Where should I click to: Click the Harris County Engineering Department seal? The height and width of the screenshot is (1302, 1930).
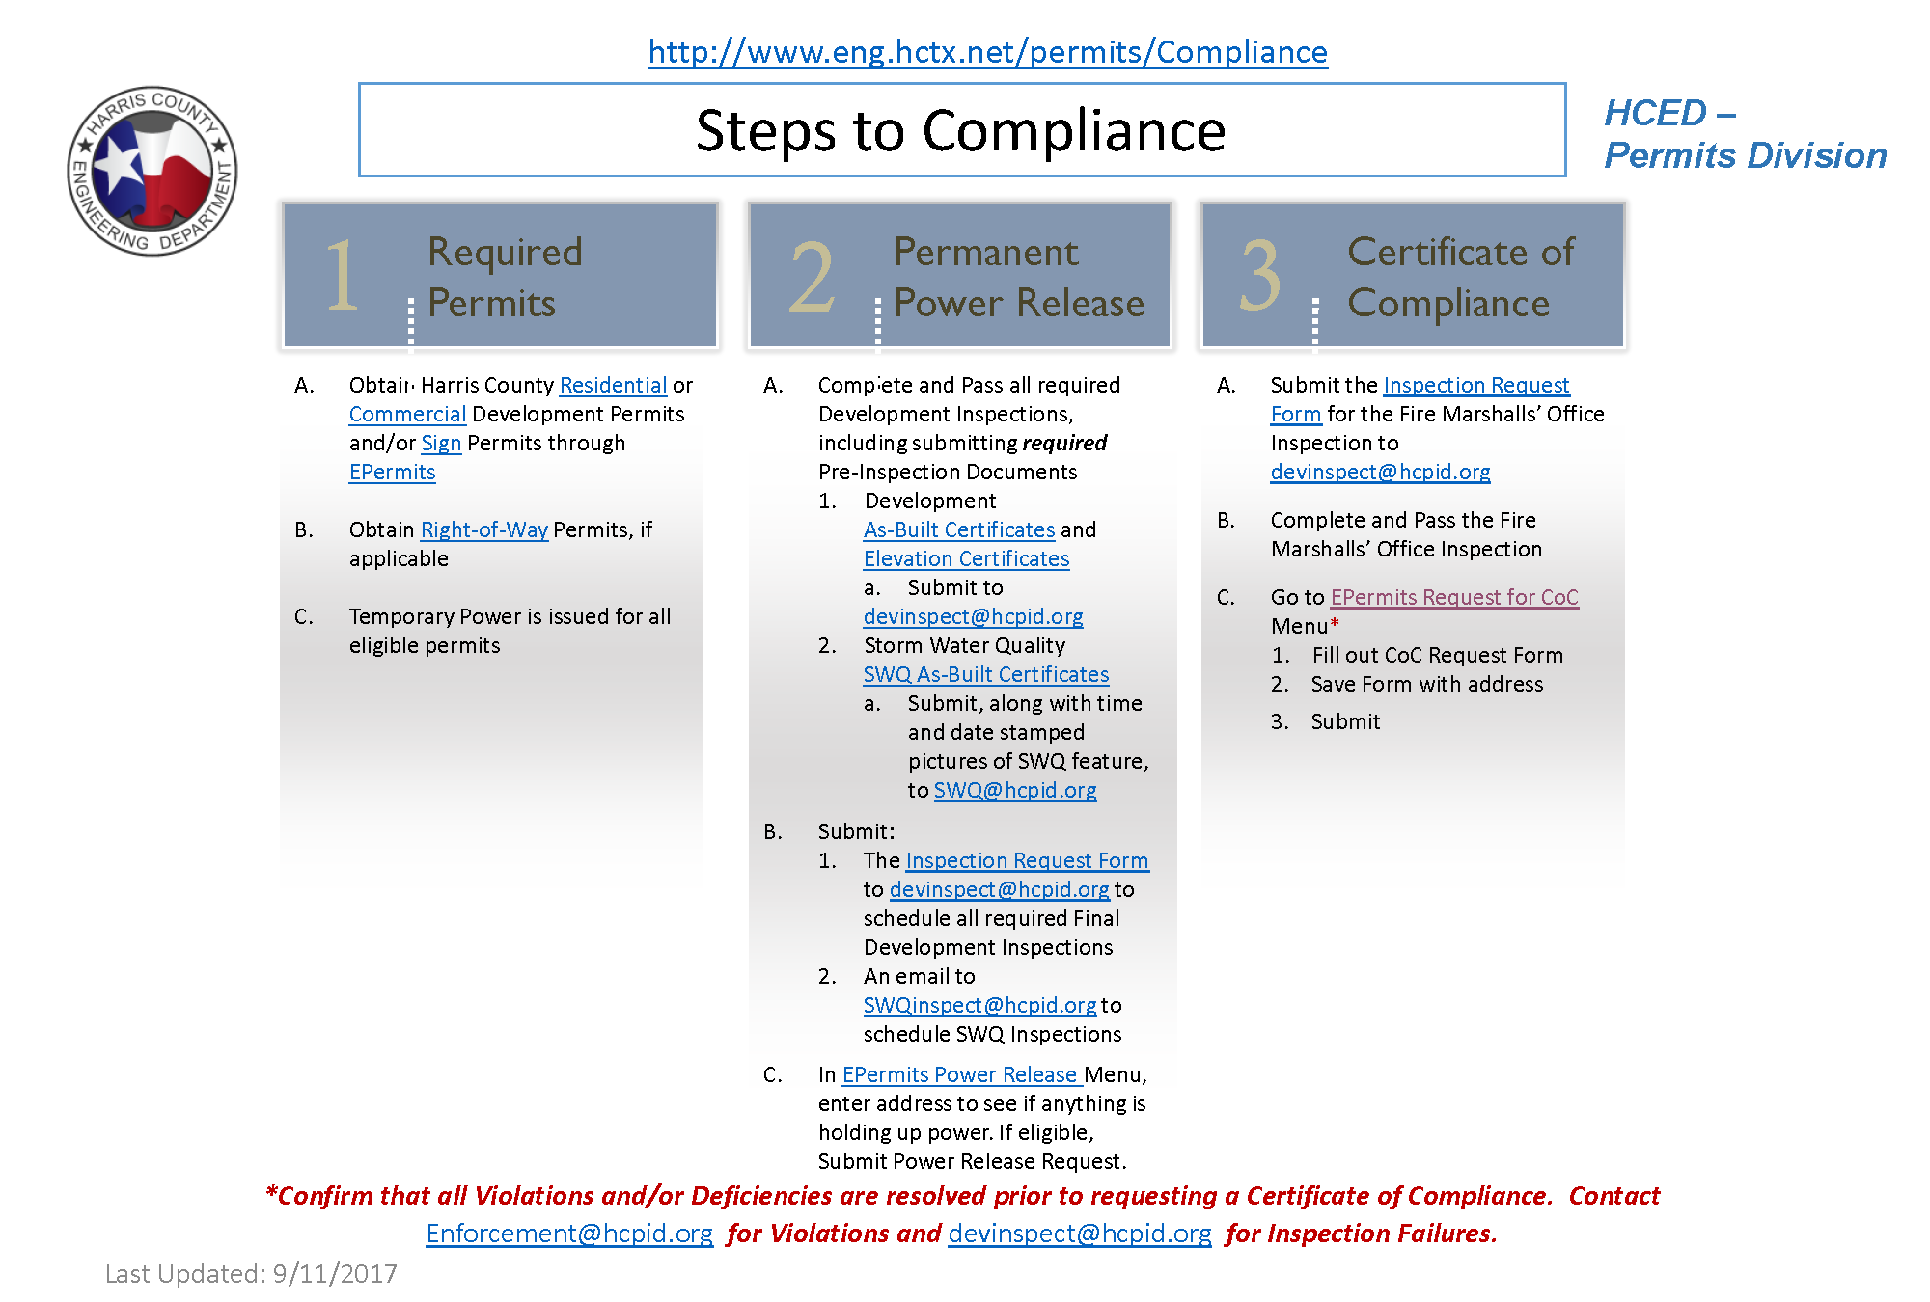pyautogui.click(x=152, y=171)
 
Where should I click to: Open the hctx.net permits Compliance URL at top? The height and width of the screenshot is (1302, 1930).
pyautogui.click(x=987, y=52)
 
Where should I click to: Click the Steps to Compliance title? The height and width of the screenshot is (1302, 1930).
pyautogui.click(x=960, y=130)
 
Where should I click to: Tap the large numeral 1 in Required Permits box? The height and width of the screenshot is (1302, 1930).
pyautogui.click(x=342, y=276)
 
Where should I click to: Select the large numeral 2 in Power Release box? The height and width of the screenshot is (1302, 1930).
pyautogui.click(x=812, y=278)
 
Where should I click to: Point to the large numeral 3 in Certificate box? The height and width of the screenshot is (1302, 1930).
pyautogui.click(x=1260, y=277)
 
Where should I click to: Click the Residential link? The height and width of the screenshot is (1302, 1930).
pyautogui.click(x=613, y=385)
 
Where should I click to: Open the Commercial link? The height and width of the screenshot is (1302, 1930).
pyautogui.click(x=407, y=414)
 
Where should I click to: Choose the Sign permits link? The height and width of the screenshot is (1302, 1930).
pyautogui.click(x=441, y=443)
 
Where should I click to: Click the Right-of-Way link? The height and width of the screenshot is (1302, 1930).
pyautogui.click(x=484, y=529)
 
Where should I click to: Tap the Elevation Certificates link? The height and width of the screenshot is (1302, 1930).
pyautogui.click(x=966, y=558)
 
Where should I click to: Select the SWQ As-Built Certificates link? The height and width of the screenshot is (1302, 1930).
pyautogui.click(x=985, y=674)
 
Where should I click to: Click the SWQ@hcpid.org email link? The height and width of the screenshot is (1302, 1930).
pyautogui.click(x=1015, y=790)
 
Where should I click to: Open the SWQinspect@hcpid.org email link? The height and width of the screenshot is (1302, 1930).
pyautogui.click(x=979, y=1005)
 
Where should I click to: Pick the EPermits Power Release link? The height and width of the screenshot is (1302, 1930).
pyautogui.click(x=961, y=1074)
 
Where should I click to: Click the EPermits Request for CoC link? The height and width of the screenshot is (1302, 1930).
pyautogui.click(x=1454, y=597)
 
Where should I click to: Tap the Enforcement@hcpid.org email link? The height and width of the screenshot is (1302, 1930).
pyautogui.click(x=569, y=1234)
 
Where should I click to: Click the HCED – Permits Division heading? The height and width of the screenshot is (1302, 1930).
pyautogui.click(x=1745, y=134)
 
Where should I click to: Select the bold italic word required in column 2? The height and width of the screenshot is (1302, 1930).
pyautogui.click(x=1064, y=443)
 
